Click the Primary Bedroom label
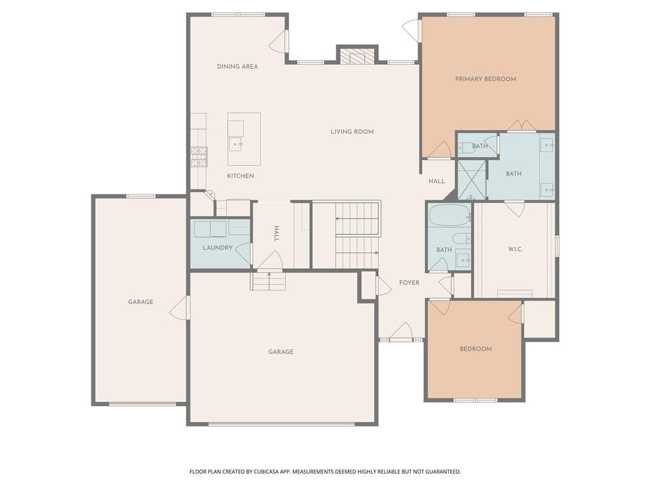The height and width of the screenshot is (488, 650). (486, 79)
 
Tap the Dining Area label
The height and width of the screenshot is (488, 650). (237, 66)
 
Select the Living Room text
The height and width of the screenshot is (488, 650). (352, 132)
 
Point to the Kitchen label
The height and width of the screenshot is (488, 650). (241, 176)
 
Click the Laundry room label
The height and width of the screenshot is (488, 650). (217, 248)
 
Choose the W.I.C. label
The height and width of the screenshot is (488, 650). (515, 249)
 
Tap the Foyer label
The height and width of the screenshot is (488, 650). (409, 283)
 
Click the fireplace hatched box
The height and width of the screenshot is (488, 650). (357, 57)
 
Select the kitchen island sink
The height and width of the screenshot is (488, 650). (236, 144)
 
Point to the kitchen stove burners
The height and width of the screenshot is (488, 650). (199, 157)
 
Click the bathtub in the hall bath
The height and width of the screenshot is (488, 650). (449, 215)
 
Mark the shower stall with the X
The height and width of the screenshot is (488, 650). (472, 179)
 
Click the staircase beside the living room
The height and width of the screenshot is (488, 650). (357, 235)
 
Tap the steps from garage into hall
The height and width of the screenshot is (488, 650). (269, 280)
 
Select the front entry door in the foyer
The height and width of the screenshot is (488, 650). (401, 332)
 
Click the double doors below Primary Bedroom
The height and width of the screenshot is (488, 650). (522, 126)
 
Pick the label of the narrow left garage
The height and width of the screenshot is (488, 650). (140, 302)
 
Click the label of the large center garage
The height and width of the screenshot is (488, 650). (281, 352)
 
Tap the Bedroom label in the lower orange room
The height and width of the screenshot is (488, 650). (475, 349)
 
